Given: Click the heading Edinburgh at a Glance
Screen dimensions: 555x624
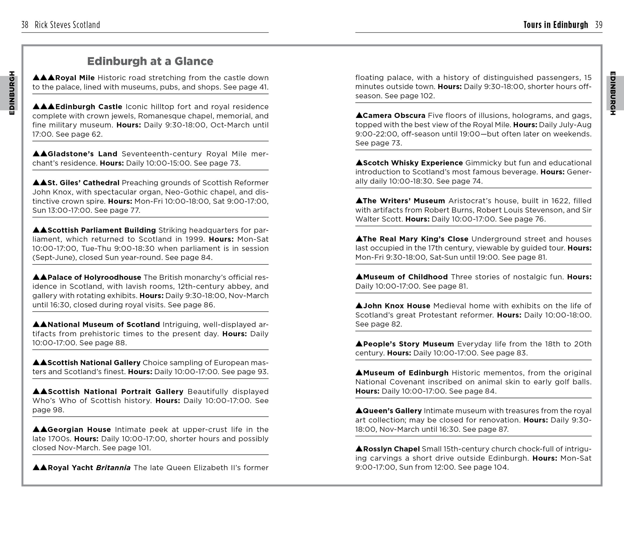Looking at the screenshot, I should point(150,61).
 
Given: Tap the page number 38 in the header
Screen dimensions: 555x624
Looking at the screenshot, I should point(25,25).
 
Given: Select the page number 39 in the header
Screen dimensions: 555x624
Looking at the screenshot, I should point(598,25).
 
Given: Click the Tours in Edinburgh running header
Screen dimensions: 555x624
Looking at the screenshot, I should point(555,25).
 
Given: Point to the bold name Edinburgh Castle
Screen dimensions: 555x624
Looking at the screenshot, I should point(89,107).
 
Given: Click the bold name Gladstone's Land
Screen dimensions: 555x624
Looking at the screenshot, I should point(82,154).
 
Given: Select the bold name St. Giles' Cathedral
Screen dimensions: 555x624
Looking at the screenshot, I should point(83,183).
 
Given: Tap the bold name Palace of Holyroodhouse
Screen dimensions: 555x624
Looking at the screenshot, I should point(94,277).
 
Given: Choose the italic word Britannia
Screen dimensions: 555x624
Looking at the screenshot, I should point(113,468).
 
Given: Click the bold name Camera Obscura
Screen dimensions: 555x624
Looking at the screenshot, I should point(394,116).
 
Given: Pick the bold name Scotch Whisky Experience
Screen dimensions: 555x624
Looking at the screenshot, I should point(413,163).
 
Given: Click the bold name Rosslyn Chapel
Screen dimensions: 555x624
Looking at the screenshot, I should point(391,449).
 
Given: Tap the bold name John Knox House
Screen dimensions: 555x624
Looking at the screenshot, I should point(396,306).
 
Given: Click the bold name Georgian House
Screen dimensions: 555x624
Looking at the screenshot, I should point(79,429).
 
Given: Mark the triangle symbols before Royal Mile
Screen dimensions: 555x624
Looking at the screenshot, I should point(44,78).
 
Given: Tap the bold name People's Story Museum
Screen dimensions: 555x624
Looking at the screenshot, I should point(408,344).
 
